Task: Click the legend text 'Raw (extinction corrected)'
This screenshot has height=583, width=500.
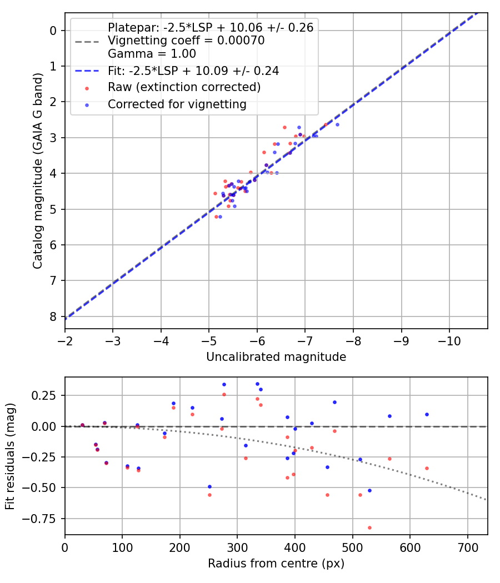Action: [x=184, y=87]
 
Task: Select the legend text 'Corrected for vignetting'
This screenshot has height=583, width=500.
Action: [x=177, y=104]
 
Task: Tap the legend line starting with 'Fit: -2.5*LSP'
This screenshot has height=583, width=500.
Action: [x=193, y=71]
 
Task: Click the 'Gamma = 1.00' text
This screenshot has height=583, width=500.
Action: [x=152, y=54]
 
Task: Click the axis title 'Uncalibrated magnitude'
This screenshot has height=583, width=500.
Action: [x=276, y=357]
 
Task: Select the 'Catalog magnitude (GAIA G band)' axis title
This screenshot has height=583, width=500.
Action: [x=38, y=170]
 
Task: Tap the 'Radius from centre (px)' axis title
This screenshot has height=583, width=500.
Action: [x=276, y=564]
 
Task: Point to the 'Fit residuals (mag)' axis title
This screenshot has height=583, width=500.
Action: [x=11, y=456]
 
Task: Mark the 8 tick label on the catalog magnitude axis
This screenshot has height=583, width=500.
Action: [x=53, y=316]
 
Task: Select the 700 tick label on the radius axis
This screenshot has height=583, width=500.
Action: [x=467, y=546]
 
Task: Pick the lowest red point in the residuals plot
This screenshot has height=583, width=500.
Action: [x=369, y=527]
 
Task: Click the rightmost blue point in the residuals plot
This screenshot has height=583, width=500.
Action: [x=427, y=414]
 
